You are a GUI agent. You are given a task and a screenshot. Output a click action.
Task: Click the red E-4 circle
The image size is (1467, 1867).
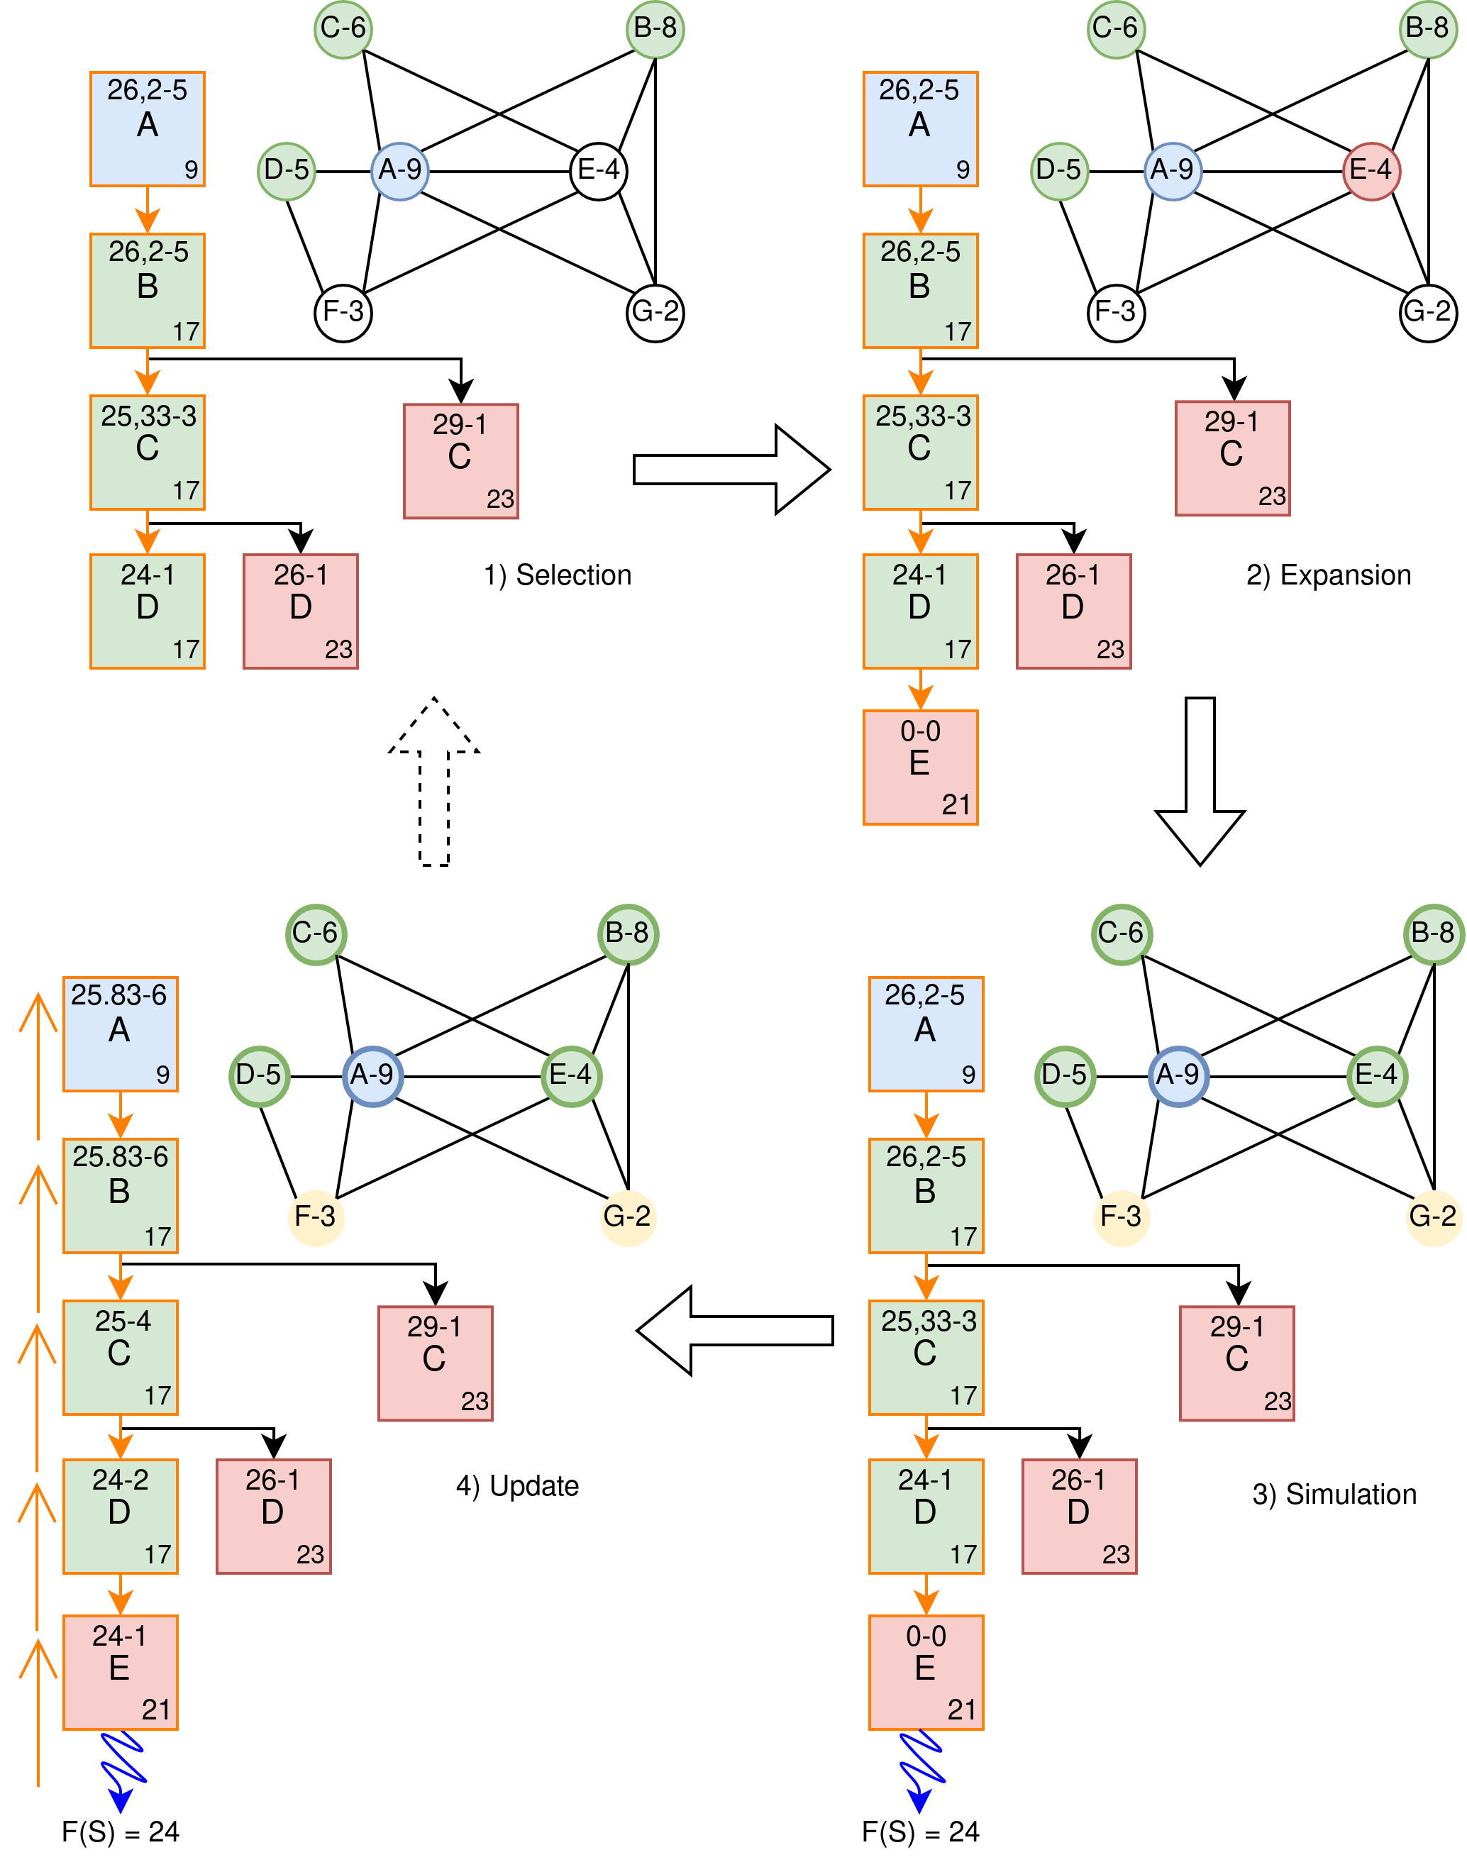[x=1372, y=171]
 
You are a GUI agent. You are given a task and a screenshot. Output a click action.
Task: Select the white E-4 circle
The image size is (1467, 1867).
[x=599, y=171]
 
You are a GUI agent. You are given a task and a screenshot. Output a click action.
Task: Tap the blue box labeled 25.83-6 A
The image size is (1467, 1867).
[x=121, y=1034]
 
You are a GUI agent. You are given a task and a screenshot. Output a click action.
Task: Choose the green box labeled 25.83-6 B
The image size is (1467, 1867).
[x=121, y=1195]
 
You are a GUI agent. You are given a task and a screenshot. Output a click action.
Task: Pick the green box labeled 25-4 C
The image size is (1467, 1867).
[x=121, y=1357]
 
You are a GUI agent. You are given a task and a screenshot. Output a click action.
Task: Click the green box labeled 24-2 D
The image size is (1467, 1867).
[x=121, y=1516]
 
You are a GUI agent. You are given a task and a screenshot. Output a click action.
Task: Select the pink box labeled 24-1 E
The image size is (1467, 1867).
[x=121, y=1672]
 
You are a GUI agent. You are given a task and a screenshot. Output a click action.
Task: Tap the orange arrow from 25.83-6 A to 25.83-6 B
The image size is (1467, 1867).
[x=121, y=1114]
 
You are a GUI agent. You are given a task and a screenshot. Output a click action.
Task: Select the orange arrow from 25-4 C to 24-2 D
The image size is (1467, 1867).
[x=121, y=1436]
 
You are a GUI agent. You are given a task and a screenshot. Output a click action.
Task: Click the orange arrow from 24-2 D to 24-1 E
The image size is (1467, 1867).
[x=121, y=1594]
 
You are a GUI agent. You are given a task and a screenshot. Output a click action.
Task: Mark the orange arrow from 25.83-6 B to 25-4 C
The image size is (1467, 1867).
[x=121, y=1276]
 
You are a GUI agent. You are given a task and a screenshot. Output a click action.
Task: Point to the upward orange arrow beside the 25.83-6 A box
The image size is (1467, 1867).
[x=38, y=1065]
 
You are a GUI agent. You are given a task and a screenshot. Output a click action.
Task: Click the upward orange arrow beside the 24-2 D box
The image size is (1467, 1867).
[x=38, y=1554]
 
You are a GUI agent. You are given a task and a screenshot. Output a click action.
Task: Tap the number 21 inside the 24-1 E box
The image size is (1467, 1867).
[x=156, y=1709]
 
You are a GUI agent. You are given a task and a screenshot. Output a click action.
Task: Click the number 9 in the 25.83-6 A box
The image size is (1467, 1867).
[x=162, y=1075]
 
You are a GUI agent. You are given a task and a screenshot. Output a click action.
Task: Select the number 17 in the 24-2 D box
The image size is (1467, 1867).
[x=158, y=1553]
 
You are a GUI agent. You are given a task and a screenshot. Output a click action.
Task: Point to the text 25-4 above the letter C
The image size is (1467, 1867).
[x=122, y=1321]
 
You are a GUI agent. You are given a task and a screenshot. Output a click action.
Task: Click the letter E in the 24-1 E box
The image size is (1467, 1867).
[x=119, y=1668]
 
